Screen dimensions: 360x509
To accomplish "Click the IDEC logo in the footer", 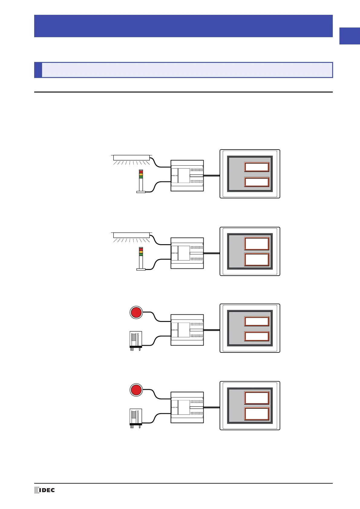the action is (45, 490).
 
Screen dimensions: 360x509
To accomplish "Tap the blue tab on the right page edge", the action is (349, 36).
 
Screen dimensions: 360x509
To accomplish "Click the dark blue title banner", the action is (183, 26).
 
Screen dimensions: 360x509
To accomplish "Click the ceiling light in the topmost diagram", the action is (131, 158).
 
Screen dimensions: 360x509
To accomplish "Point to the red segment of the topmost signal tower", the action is (141, 172).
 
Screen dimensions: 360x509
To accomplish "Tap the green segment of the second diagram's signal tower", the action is (141, 254).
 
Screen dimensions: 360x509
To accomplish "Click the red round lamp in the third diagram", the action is (136, 312).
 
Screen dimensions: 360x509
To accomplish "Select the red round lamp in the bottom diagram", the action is (136, 390).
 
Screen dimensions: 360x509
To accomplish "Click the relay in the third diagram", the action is (136, 340).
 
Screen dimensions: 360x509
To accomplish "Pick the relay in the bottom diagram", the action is (136, 417).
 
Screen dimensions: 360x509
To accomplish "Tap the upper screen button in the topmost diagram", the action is (257, 167).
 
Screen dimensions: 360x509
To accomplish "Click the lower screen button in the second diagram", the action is (257, 260).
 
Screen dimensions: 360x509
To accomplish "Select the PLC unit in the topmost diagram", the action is (187, 176).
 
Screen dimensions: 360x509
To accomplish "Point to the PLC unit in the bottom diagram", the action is (187, 407).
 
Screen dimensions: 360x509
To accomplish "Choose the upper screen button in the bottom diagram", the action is (257, 398).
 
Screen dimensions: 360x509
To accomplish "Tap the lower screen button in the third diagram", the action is (257, 336).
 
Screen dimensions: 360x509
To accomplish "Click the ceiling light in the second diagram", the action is (131, 235).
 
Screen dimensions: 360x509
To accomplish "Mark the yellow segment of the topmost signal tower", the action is (141, 175).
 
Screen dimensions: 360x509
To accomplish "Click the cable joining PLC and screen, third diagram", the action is (212, 330).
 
